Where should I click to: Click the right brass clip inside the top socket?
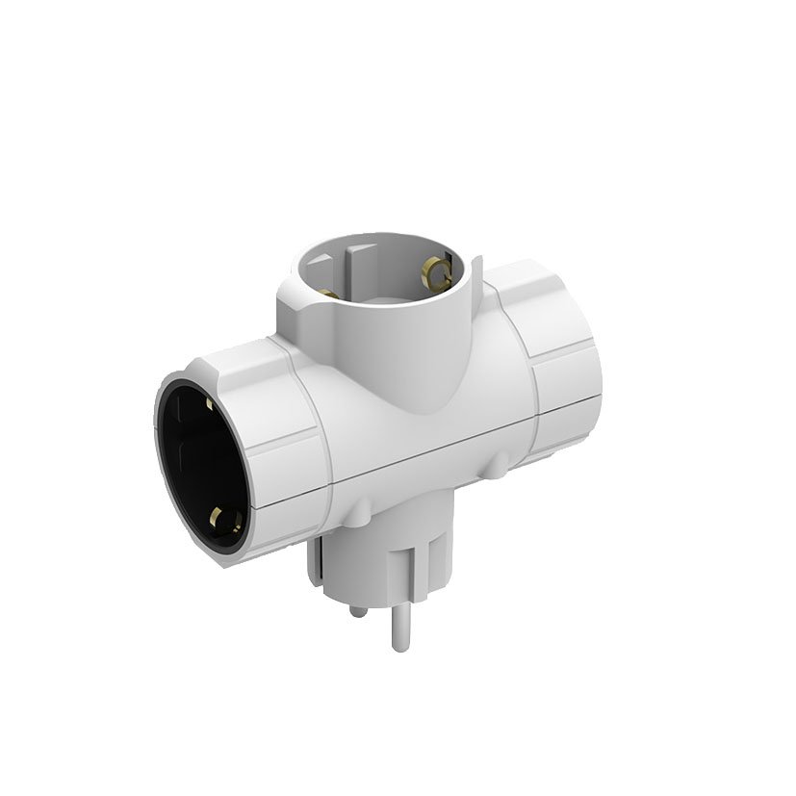click(x=442, y=272)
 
